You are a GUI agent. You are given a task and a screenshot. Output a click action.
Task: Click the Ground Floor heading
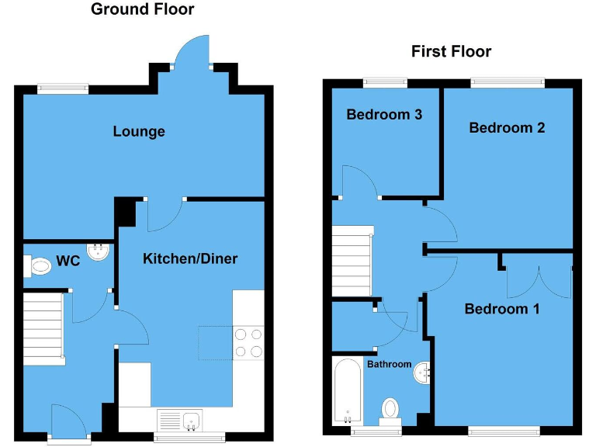pyautogui.click(x=143, y=10)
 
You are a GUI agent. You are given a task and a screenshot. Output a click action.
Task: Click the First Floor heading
pyautogui.click(x=451, y=52)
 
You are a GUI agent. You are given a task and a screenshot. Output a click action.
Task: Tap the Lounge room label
pyautogui.click(x=139, y=131)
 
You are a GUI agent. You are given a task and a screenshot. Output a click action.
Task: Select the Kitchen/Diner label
pyautogui.click(x=190, y=258)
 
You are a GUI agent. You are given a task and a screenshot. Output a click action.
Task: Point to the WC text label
pyautogui.click(x=69, y=262)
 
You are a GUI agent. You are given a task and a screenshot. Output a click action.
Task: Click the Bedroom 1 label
pyautogui.click(x=502, y=309)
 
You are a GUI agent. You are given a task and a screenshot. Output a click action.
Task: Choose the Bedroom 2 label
pyautogui.click(x=507, y=128)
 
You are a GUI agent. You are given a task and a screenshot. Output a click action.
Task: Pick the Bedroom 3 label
pyautogui.click(x=384, y=115)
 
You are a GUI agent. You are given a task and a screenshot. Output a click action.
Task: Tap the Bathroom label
pyautogui.click(x=389, y=363)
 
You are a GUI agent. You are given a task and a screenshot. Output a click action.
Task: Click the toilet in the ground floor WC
pyautogui.click(x=38, y=267)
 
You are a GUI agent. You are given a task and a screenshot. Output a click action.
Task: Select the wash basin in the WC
pyautogui.click(x=98, y=252)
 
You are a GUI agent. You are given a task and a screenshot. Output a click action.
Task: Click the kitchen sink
pyautogui.click(x=180, y=421)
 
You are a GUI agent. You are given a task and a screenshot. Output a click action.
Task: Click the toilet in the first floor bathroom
pyautogui.click(x=390, y=409)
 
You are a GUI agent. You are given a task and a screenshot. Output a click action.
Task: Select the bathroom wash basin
pyautogui.click(x=421, y=372)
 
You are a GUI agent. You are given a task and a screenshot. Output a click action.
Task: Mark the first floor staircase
pyautogui.click(x=353, y=261)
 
